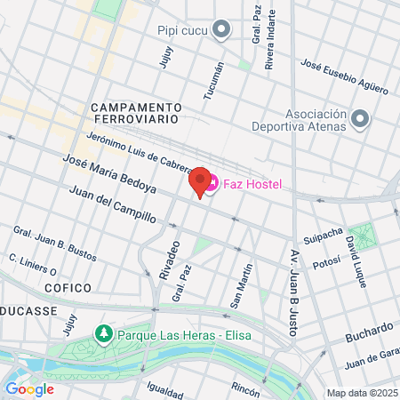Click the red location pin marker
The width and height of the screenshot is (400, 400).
point(200,181)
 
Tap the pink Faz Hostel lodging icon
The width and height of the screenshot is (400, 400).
point(212,185)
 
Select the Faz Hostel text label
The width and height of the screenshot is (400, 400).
point(252,185)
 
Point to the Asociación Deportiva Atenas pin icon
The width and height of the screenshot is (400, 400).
point(360,118)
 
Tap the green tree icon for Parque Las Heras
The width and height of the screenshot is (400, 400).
point(103,334)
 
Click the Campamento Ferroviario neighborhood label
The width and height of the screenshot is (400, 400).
point(135,112)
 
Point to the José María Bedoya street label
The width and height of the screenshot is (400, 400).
point(110,174)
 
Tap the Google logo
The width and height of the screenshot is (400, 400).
point(30,388)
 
